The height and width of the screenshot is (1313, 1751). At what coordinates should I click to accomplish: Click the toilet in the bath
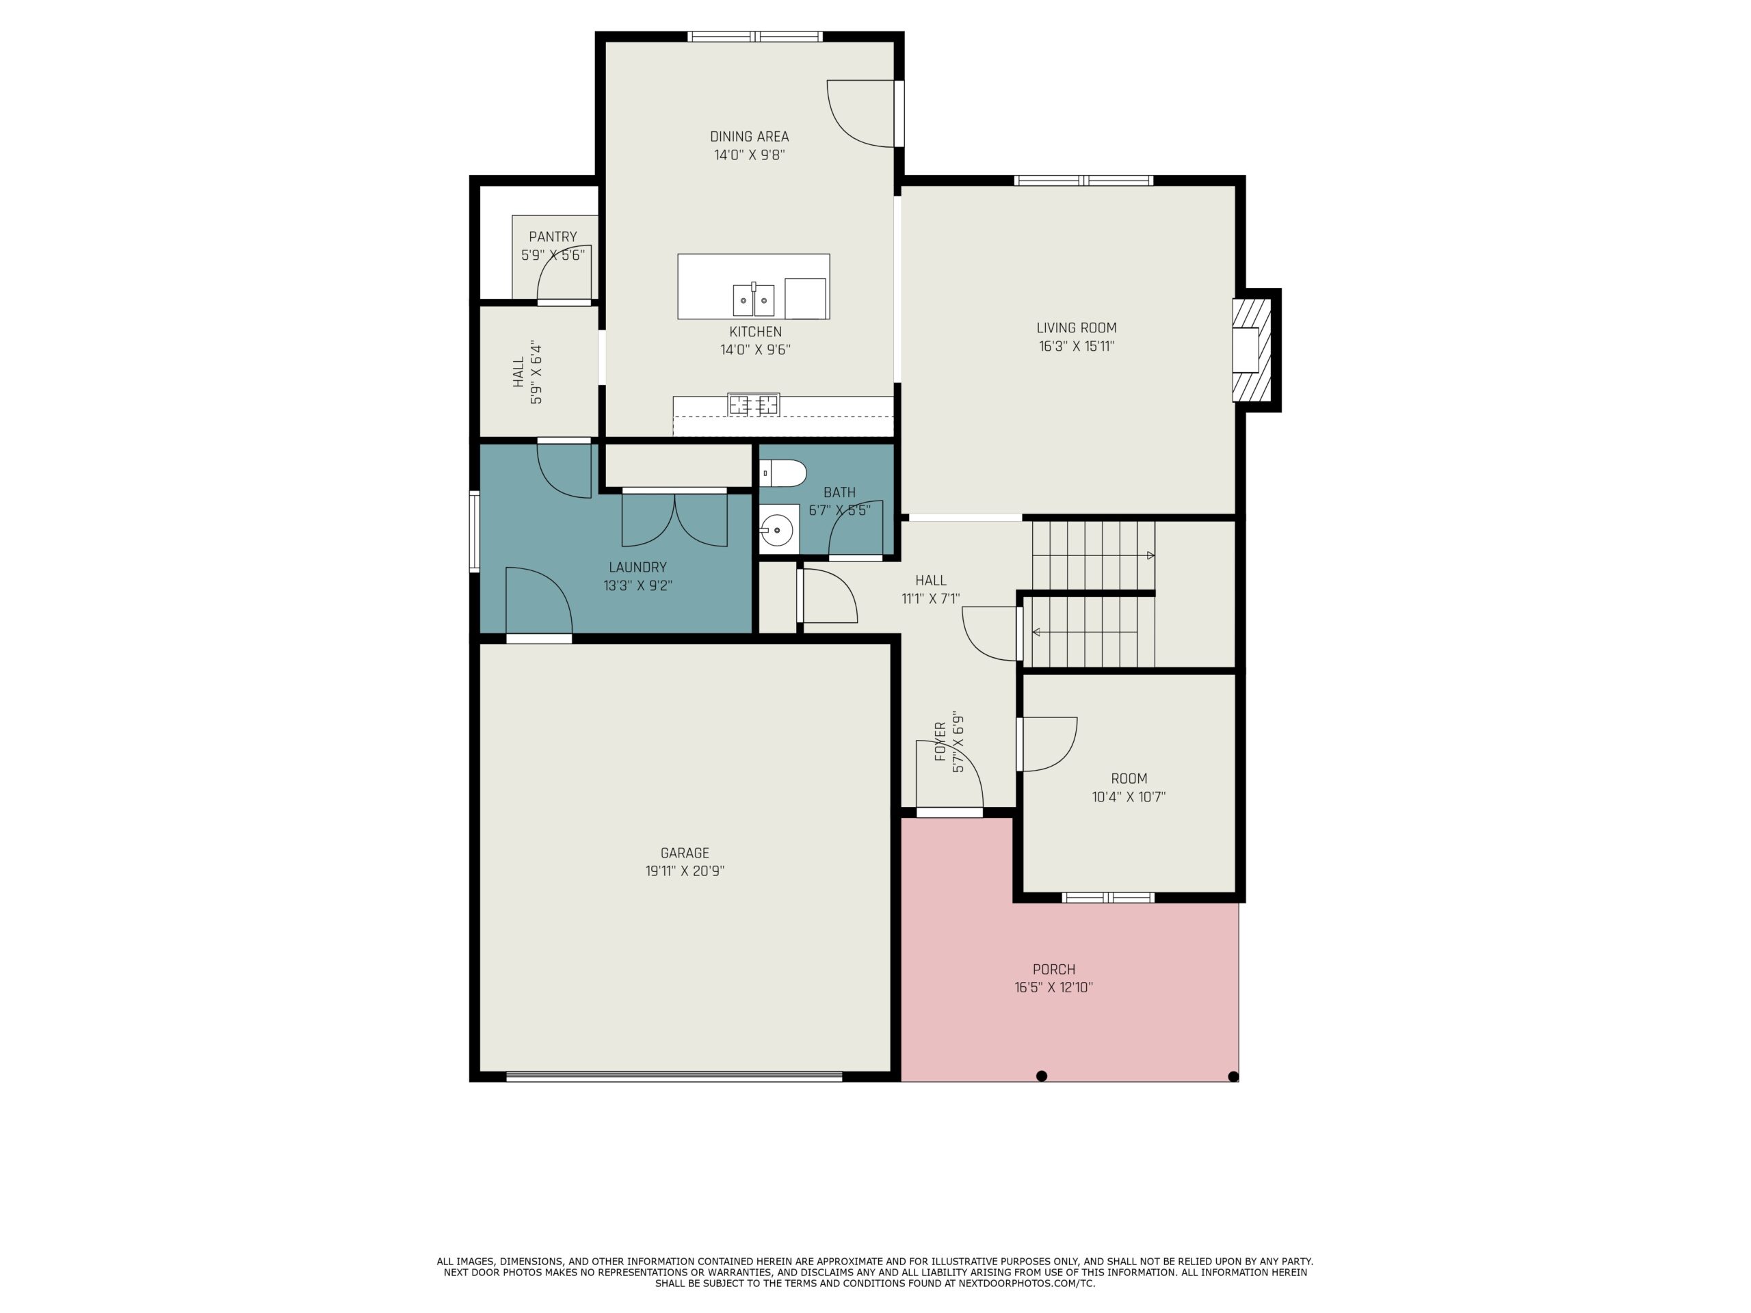coord(783,473)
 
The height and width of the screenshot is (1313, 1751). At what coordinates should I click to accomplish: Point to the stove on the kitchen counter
coord(754,404)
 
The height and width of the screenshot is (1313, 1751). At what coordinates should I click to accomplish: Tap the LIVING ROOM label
coord(1077,328)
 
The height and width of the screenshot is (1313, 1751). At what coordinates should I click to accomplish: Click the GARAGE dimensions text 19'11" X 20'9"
coord(685,871)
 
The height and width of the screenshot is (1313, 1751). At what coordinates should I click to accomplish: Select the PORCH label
coord(1053,970)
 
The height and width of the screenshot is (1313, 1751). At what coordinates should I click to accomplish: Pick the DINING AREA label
coord(749,137)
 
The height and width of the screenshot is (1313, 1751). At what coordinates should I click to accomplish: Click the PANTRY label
coord(553,237)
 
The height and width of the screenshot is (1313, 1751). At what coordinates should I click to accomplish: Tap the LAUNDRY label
coord(637,568)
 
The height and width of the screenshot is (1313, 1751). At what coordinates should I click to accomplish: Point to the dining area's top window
coord(755,36)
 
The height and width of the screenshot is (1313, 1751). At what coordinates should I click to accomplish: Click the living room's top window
coord(1083,181)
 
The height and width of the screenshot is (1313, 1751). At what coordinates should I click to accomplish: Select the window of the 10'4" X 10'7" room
coord(1107,897)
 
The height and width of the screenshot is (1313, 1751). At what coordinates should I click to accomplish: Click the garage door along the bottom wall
coord(674,1076)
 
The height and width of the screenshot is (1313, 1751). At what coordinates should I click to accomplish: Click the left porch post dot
coord(1042,1076)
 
